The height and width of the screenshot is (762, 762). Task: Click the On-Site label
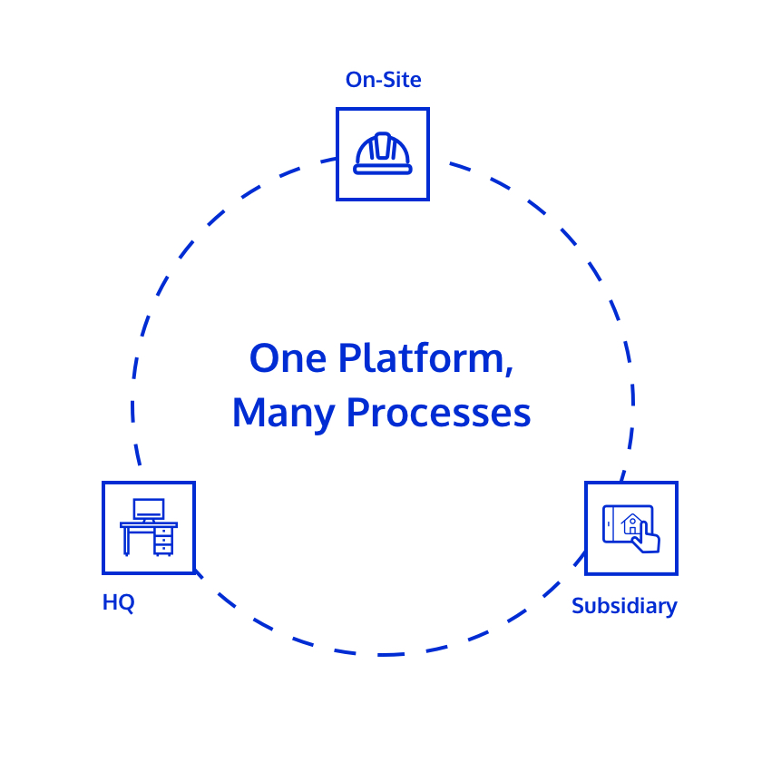coord(383,80)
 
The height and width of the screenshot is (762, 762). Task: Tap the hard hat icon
coord(383,153)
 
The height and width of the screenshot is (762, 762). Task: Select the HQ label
coord(118,602)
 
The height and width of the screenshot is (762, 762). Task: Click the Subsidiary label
coord(624,607)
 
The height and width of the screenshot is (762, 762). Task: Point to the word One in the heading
coord(288,358)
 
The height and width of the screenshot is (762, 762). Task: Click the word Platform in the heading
coord(421,357)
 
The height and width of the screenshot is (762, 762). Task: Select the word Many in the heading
coord(283,414)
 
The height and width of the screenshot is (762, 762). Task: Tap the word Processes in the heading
coord(438,413)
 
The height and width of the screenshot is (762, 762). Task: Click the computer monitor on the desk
coord(149,510)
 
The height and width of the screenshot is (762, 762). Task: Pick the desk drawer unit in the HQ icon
coord(164,541)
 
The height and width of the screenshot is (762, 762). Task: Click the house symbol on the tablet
coord(631,524)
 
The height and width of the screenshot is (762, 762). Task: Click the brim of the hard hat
coord(383,170)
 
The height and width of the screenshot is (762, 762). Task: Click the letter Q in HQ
coord(126,603)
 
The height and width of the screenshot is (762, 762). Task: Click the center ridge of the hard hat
coord(383,145)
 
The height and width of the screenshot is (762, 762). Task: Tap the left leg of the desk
coord(126,541)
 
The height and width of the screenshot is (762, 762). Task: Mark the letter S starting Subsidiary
coord(578,606)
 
